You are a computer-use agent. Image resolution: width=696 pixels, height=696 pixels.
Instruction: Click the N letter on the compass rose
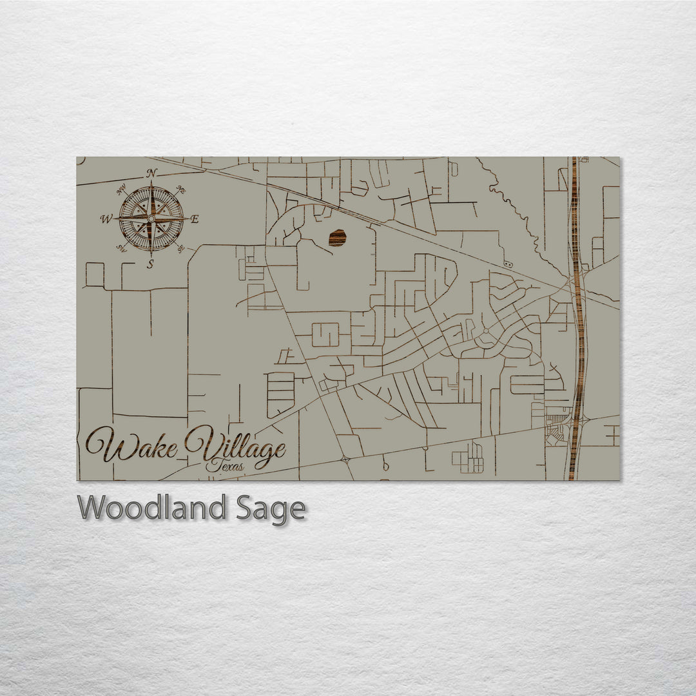coord(152,173)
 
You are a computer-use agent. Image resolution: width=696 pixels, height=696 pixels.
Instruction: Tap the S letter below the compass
coord(150,264)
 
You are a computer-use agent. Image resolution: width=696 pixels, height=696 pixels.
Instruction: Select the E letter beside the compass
coord(195,219)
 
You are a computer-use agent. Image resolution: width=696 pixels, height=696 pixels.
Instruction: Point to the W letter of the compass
coord(106,219)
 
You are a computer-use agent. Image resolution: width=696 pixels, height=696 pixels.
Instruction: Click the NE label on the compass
coord(181,190)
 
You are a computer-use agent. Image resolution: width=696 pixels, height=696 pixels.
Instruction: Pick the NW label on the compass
coord(121,190)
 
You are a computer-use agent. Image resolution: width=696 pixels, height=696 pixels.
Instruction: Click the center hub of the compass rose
coord(151,219)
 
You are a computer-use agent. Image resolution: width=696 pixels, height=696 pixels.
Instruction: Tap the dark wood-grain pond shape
coord(337,238)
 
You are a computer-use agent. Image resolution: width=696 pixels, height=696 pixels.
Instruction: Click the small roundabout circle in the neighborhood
coord(484,334)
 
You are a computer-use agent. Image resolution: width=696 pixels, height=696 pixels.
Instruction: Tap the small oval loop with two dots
coord(508,264)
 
